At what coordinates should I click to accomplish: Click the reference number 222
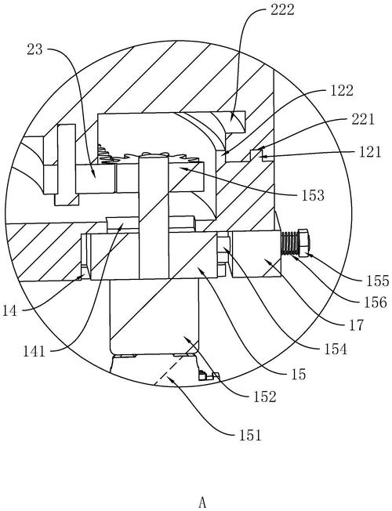[x=282, y=9]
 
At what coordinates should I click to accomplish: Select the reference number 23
[x=34, y=49]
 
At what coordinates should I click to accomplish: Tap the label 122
[x=342, y=91]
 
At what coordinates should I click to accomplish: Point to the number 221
[x=363, y=120]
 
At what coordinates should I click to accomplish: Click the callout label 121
[x=369, y=152]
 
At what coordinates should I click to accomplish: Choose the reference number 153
[x=313, y=195]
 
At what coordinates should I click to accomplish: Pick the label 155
[x=377, y=281]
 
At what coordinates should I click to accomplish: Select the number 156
[x=375, y=303]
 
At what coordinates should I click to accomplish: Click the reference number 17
[x=356, y=325]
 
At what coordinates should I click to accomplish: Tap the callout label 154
[x=336, y=349]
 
